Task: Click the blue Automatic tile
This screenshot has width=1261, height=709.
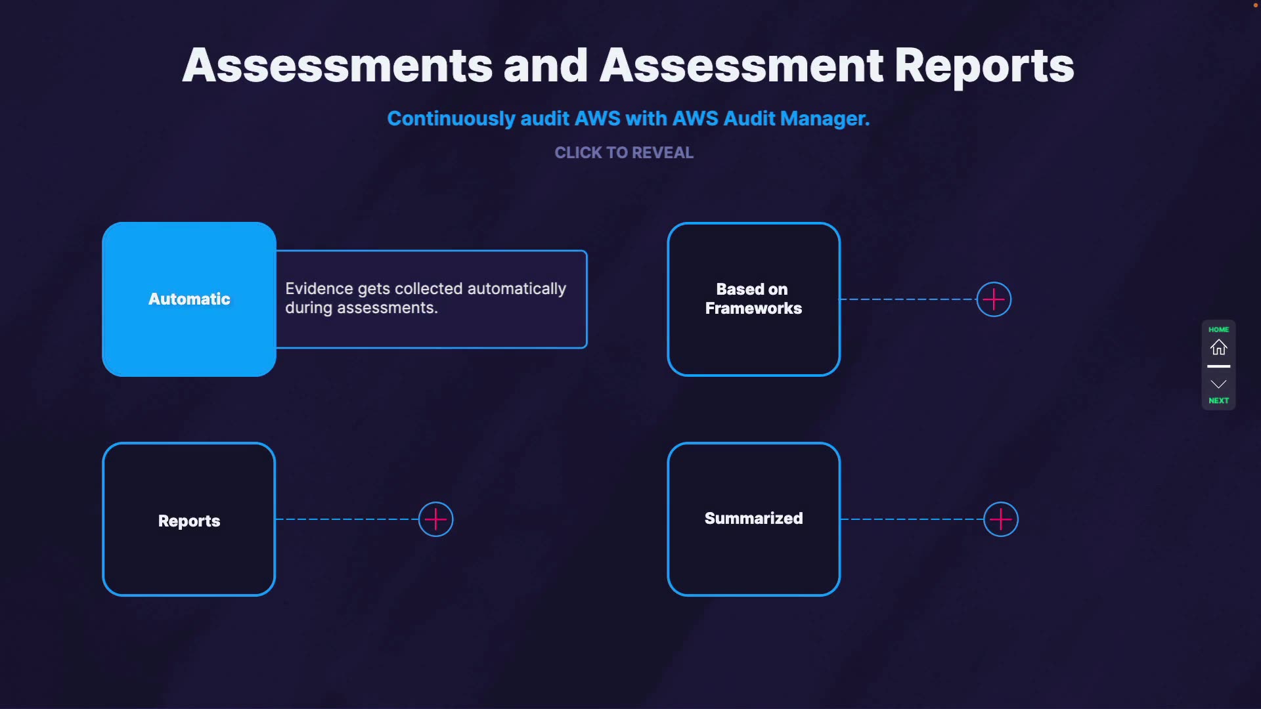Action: click(x=189, y=299)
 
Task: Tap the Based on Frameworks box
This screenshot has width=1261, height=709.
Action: click(x=753, y=299)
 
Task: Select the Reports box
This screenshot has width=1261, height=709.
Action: click(x=189, y=520)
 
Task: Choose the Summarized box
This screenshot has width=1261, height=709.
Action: click(x=753, y=519)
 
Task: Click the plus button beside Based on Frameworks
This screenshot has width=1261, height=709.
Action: click(x=994, y=299)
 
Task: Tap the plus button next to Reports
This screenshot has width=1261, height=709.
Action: click(x=436, y=519)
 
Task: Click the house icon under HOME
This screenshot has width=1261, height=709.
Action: click(x=1219, y=347)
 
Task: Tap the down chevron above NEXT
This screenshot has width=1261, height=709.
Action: click(x=1219, y=384)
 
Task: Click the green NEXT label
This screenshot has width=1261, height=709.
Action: click(x=1219, y=400)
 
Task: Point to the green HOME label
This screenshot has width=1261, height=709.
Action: click(x=1219, y=330)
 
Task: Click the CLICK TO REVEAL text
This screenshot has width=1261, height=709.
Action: click(x=624, y=153)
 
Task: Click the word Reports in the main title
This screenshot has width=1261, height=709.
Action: click(x=984, y=66)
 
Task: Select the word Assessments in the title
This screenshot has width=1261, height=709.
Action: click(x=338, y=66)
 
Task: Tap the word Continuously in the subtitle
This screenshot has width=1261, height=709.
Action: click(x=451, y=119)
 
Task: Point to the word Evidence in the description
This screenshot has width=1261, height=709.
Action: click(x=319, y=289)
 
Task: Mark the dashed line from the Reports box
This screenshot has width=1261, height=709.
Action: click(x=347, y=519)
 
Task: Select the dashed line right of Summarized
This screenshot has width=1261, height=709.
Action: click(x=912, y=519)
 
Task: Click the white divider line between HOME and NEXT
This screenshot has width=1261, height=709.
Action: click(x=1219, y=366)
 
